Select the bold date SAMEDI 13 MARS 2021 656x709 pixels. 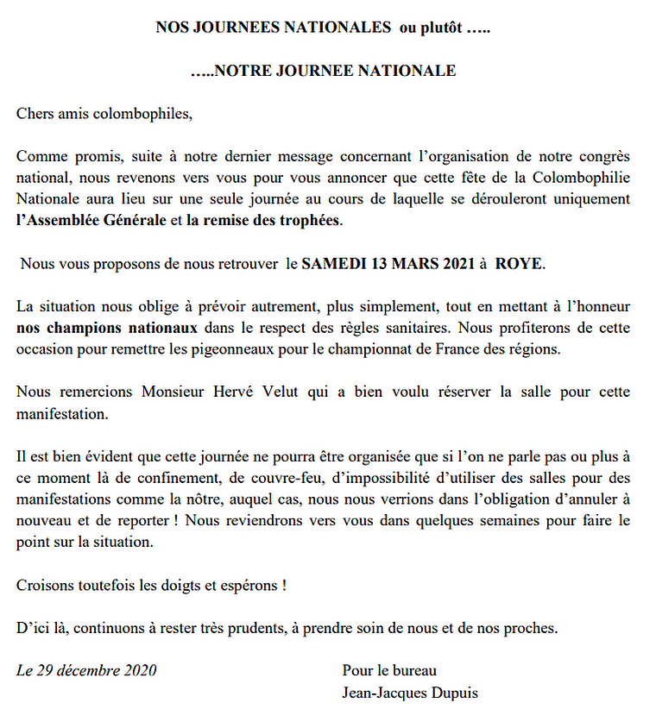(x=388, y=262)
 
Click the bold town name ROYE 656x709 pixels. (x=519, y=262)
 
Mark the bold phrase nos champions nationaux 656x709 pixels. (x=107, y=328)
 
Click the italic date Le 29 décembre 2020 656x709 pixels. (x=87, y=670)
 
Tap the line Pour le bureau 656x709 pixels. (x=389, y=670)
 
